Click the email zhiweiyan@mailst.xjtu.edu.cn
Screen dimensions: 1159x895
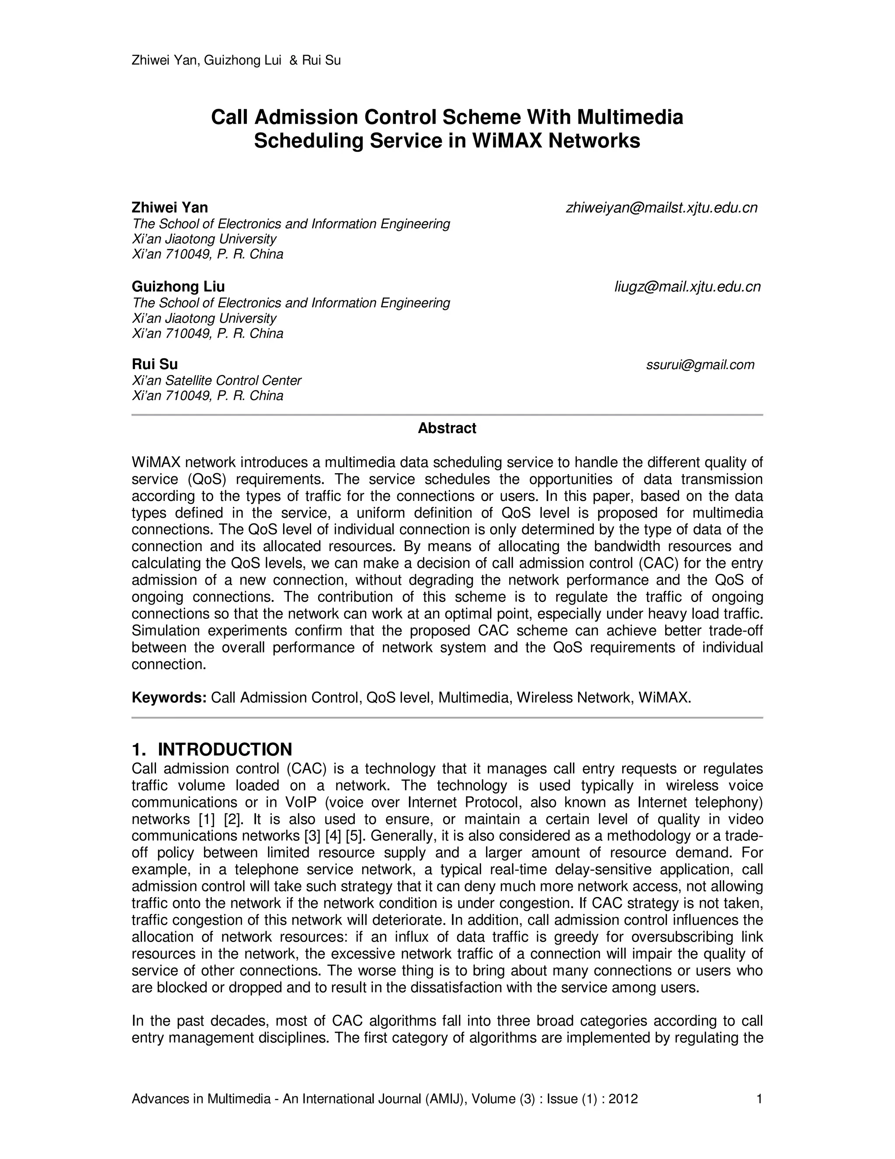[x=661, y=208]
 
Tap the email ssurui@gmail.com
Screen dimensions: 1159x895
[x=700, y=365]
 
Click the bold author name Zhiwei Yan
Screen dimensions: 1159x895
[x=170, y=207]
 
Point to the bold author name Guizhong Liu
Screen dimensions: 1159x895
[x=178, y=286]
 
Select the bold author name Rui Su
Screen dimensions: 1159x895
[x=155, y=364]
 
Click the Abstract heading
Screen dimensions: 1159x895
[x=447, y=428]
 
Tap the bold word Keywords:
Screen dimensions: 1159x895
[x=169, y=697]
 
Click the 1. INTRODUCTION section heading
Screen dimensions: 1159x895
[x=212, y=749]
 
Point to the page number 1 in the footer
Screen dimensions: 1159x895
[x=759, y=1099]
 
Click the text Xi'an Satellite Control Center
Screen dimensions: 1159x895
[x=216, y=381]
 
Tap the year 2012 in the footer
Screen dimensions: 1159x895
[x=623, y=1099]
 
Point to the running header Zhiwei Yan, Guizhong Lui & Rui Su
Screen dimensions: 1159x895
[x=236, y=60]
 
